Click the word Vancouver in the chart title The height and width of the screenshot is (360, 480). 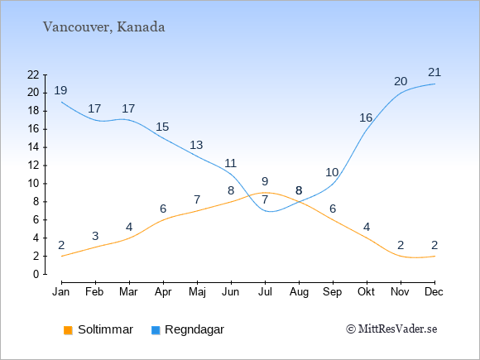coord(76,27)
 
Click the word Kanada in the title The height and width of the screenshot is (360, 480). coord(141,27)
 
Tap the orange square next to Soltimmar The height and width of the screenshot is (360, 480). coord(68,330)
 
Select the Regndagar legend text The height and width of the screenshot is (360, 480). coord(194,329)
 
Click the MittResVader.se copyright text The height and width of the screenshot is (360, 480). coord(391,329)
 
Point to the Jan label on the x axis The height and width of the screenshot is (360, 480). coord(61,292)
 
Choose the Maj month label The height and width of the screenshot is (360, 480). coord(197,292)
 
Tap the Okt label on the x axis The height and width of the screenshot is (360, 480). coord(366,292)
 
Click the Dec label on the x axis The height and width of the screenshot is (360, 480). coord(434,292)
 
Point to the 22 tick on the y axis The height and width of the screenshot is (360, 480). coord(33,74)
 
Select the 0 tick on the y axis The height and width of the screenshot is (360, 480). coord(36,274)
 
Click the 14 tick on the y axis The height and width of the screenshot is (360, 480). coord(33,147)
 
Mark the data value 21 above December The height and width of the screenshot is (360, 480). coord(434,72)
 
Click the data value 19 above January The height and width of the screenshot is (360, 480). coord(60,90)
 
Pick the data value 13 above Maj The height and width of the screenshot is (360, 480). coord(196,145)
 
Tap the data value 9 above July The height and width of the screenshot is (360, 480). coord(265,181)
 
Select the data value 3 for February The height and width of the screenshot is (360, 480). coord(95,236)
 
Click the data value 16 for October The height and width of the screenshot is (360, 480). coord(366,118)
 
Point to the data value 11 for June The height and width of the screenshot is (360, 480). coord(231,163)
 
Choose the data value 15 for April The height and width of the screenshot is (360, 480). coord(162,127)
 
